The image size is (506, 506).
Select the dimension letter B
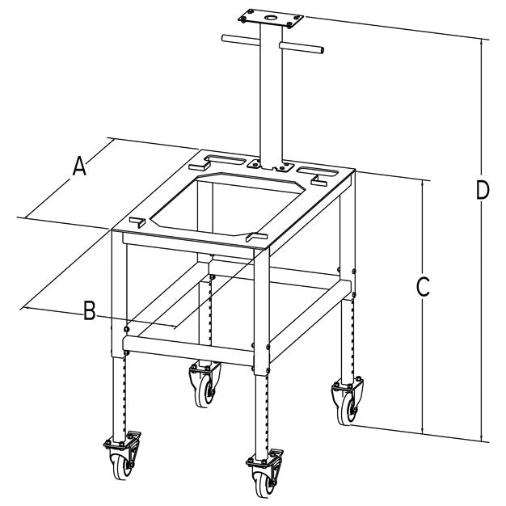coord(90,310)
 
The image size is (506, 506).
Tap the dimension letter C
coord(422,286)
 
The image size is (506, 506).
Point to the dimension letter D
coord(482,192)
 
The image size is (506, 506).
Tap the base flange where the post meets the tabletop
coord(271,165)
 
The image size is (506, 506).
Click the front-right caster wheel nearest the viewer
coord(263,482)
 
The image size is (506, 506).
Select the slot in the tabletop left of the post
coord(223,158)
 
